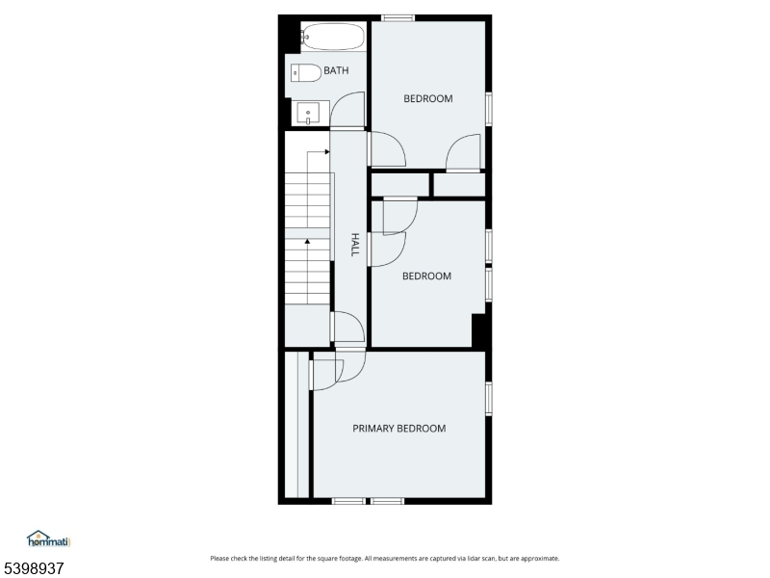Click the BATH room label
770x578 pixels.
[336, 70]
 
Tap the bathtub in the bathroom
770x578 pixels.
[333, 37]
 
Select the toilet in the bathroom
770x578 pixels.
[305, 73]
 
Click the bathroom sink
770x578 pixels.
[308, 114]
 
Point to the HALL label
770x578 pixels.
[354, 245]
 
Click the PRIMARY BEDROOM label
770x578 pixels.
[399, 429]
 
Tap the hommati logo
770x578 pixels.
[49, 539]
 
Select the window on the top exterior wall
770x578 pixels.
[398, 18]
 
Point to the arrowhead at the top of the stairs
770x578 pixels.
[327, 152]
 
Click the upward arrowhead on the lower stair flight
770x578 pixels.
[307, 242]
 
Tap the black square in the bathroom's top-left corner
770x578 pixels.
[290, 34]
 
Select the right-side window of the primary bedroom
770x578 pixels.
[489, 399]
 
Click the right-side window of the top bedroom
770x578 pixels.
[489, 109]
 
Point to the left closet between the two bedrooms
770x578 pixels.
[399, 185]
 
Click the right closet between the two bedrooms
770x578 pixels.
[460, 185]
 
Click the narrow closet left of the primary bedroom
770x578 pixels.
[296, 425]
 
